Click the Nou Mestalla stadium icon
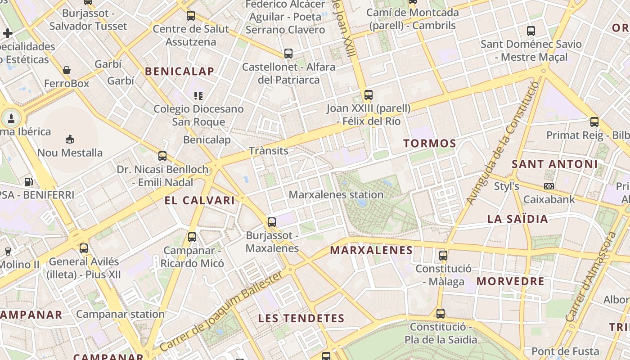tap(70, 139)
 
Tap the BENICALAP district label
tap(180, 71)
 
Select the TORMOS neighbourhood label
tap(430, 144)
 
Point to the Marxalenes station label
tap(336, 195)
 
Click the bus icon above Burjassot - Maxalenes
tap(271, 222)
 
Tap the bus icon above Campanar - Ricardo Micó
tap(192, 237)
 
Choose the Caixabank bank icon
tap(549, 186)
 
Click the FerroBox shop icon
tap(67, 70)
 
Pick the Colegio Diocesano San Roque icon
tap(198, 95)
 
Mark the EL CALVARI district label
tap(200, 201)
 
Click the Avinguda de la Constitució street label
tap(502, 143)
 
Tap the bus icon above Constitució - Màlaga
tap(443, 256)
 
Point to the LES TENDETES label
tap(301, 319)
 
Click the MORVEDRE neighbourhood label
tap(510, 282)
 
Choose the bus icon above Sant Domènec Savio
tap(531, 31)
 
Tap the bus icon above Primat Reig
tap(594, 121)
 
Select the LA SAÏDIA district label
tap(518, 219)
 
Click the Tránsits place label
tap(269, 151)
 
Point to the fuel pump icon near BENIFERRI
tap(29, 181)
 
